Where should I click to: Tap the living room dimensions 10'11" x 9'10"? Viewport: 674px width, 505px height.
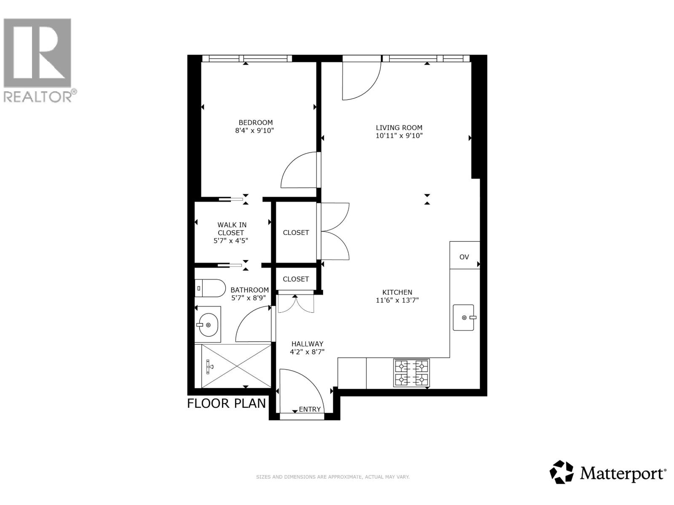click(399, 136)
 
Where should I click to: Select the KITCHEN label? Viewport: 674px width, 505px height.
click(397, 292)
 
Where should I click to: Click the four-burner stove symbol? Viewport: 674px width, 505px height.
click(411, 373)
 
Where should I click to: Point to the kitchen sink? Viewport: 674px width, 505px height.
click(463, 317)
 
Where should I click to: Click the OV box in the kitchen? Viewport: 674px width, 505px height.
click(464, 257)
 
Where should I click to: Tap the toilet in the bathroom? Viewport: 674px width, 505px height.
click(210, 288)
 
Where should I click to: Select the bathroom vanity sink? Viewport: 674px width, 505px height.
click(208, 324)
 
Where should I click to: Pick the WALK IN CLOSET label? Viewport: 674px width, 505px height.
click(231, 229)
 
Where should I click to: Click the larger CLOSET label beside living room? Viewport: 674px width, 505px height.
click(296, 232)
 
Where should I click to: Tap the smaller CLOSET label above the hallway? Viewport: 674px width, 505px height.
click(296, 279)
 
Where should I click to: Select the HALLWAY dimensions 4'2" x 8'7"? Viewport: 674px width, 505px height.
click(307, 352)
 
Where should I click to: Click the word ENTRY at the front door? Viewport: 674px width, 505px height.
click(310, 409)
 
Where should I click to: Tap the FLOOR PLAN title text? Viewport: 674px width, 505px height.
click(226, 403)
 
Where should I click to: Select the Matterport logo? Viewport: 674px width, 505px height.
click(607, 473)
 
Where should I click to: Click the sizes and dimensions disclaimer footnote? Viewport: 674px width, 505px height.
click(333, 477)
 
